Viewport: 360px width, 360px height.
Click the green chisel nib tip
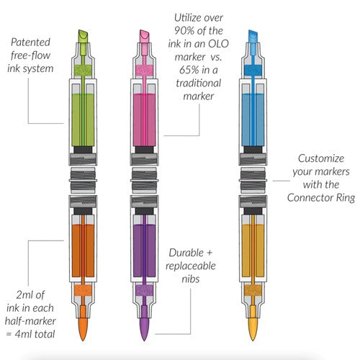[x=83, y=36]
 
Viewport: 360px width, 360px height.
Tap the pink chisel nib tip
[x=144, y=36]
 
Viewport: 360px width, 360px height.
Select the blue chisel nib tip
[x=253, y=36]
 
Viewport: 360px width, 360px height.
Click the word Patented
[x=30, y=42]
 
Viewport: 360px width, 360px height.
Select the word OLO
[x=218, y=44]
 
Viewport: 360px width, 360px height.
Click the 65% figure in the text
[x=189, y=70]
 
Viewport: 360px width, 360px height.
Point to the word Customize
[x=321, y=158]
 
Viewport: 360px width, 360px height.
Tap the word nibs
[x=191, y=279]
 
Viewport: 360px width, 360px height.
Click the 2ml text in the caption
[x=24, y=294]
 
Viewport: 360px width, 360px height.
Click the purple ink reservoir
[x=144, y=251]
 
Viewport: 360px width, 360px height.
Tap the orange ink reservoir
[x=83, y=251]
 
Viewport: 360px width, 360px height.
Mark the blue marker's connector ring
[x=253, y=180]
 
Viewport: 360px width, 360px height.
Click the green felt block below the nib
[x=83, y=71]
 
